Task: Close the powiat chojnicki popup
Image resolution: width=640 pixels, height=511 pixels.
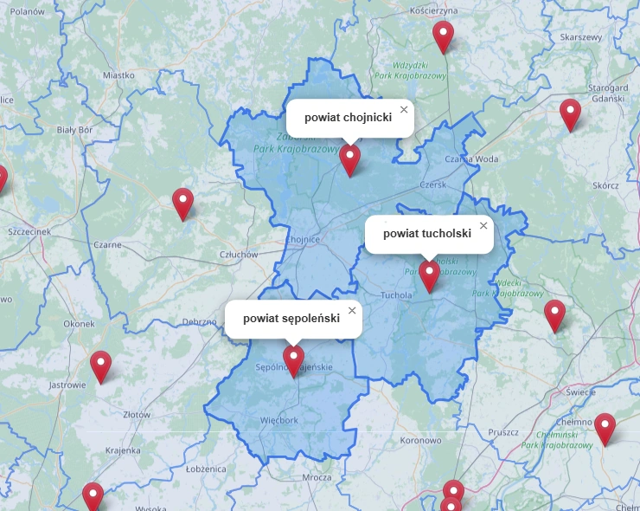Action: pos(403,110)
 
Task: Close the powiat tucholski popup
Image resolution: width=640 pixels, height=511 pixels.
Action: pos(483,226)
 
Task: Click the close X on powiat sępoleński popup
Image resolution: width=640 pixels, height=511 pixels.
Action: pos(352,311)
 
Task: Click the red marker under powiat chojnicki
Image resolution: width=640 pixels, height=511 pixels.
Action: pos(349,159)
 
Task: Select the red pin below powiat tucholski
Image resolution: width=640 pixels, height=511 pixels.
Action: pos(430,275)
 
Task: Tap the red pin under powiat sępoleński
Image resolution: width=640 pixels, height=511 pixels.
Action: pos(293,359)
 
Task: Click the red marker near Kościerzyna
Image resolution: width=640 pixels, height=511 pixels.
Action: pos(443,36)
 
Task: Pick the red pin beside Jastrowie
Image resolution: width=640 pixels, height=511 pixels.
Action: pos(101,366)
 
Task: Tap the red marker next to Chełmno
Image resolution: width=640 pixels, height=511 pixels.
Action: pos(605,428)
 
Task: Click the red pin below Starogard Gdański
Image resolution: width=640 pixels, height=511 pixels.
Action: pos(570,113)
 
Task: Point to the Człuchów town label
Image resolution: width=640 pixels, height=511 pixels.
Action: pos(240,255)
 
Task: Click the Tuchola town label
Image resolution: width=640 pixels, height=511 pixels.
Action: pos(396,294)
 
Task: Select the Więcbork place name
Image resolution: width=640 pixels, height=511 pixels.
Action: pos(278,421)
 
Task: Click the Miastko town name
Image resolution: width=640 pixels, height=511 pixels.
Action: pos(118,75)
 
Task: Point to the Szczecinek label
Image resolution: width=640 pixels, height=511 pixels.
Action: pos(29,233)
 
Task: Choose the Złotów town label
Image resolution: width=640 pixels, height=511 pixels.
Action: pos(137,415)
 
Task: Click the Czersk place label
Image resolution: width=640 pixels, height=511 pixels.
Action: pos(432,184)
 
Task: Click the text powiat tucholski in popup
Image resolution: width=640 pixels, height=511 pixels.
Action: pos(426,233)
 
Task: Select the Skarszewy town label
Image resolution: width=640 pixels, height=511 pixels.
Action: pos(580,38)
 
